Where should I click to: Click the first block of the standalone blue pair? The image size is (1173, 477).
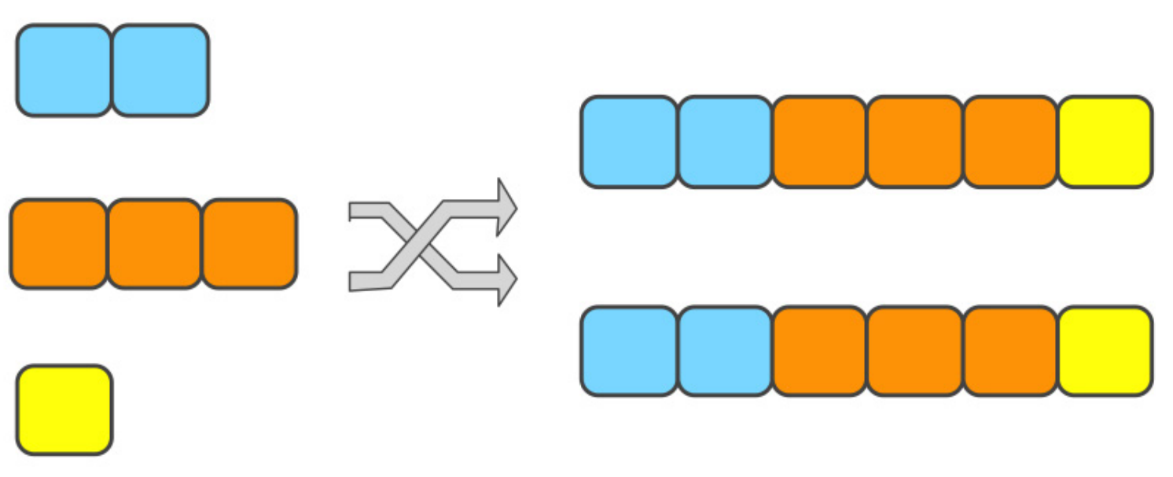click(64, 70)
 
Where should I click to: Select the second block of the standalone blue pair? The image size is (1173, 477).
click(161, 70)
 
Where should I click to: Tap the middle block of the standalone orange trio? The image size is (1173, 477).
click(154, 244)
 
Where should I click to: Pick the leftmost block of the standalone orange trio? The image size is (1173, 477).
click(59, 244)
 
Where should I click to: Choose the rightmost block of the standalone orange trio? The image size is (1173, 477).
click(249, 244)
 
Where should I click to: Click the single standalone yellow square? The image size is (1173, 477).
click(64, 409)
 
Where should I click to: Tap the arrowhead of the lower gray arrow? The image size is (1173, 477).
click(506, 279)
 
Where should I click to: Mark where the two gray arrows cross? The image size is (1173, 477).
click(422, 244)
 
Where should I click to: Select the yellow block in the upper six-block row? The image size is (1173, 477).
click(1105, 142)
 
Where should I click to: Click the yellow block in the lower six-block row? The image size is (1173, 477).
click(1105, 351)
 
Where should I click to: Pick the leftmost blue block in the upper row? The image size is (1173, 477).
click(629, 142)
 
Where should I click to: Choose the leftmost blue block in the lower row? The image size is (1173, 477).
click(629, 351)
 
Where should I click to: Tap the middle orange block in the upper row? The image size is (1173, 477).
click(915, 142)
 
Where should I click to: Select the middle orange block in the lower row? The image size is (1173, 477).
click(915, 351)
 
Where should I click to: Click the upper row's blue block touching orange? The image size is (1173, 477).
click(725, 142)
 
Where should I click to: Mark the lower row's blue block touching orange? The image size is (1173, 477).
click(725, 351)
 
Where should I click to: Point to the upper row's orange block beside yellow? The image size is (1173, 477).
click(1010, 142)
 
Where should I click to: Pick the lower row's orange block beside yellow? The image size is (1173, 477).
click(1010, 351)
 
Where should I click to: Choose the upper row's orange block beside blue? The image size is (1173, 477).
click(820, 142)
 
